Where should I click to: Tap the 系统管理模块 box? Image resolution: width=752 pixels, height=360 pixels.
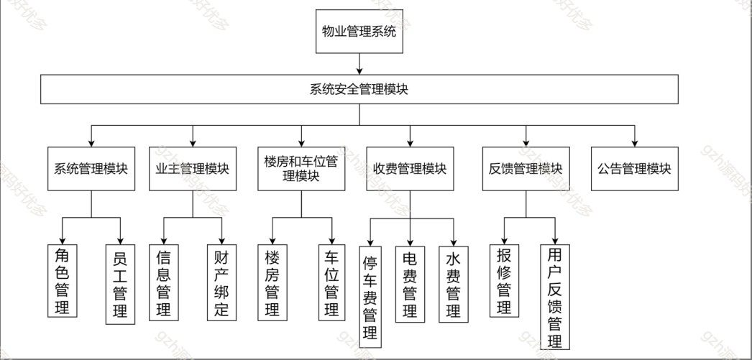[91, 169]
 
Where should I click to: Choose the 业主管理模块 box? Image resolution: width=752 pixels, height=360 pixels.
[193, 169]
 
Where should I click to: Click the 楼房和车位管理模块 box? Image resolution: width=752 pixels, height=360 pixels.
[301, 169]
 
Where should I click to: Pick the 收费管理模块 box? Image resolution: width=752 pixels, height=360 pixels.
[410, 169]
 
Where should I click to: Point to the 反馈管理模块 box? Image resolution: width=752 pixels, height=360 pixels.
[526, 169]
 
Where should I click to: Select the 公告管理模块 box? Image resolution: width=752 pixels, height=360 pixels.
[634, 169]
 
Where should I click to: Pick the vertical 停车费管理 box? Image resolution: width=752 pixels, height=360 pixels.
[370, 295]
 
